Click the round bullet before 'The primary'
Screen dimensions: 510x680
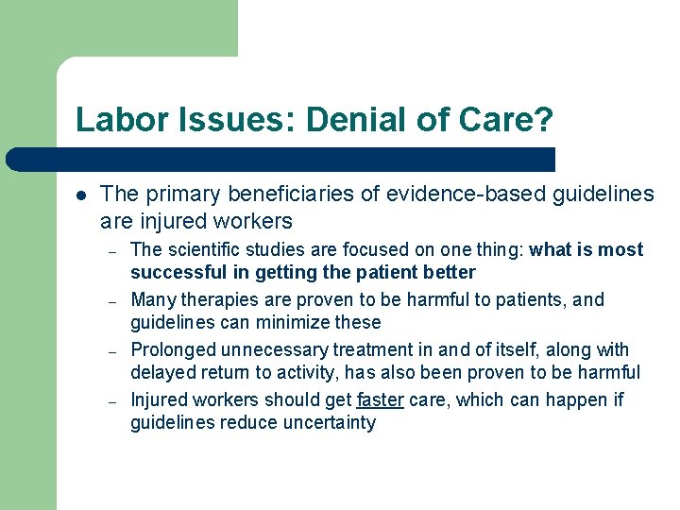(x=81, y=195)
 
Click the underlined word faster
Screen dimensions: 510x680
(x=380, y=399)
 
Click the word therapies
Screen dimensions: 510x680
(x=219, y=299)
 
